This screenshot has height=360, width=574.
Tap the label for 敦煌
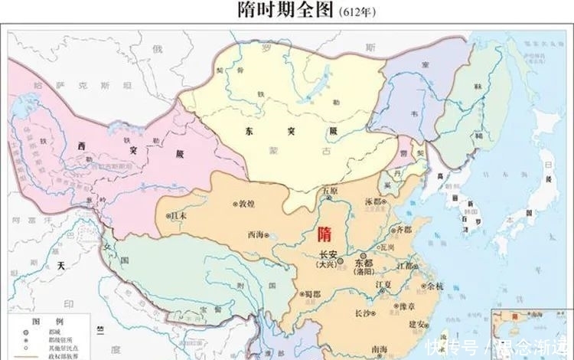[246, 205]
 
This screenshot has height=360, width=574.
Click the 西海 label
[256, 236]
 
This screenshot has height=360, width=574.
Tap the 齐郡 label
[403, 229]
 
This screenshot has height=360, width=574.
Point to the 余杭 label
[434, 286]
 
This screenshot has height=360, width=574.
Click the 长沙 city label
[365, 313]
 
